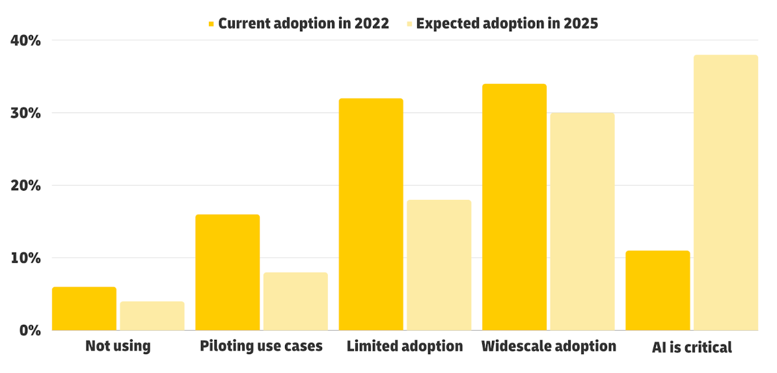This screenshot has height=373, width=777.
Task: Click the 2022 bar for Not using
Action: [x=84, y=309]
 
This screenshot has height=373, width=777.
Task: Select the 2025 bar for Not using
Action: [x=152, y=316]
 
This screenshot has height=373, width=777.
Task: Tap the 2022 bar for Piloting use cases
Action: [x=227, y=272]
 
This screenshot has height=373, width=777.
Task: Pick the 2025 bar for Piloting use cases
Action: [x=295, y=301]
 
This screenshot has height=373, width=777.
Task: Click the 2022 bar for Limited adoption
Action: [x=371, y=214]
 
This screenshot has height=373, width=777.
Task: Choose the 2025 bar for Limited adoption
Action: [x=439, y=265]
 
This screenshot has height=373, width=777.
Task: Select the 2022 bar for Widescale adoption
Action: [x=514, y=207]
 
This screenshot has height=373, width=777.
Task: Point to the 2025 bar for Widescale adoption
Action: [x=582, y=221]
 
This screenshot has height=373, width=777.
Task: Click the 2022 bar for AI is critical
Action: [x=657, y=290]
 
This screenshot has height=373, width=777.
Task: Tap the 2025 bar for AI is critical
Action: [x=726, y=193]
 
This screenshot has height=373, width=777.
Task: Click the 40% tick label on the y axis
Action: [x=26, y=41]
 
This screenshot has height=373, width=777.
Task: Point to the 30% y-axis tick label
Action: [x=26, y=113]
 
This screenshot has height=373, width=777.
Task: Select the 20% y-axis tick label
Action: [x=26, y=186]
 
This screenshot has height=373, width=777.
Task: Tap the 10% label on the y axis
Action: [x=26, y=258]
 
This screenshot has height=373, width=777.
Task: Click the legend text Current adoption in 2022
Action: [x=303, y=24]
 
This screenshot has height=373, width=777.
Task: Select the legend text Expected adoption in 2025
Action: [x=507, y=24]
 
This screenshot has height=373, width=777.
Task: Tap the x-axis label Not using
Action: [x=118, y=346]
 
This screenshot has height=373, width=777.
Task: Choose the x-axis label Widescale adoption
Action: [x=549, y=346]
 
